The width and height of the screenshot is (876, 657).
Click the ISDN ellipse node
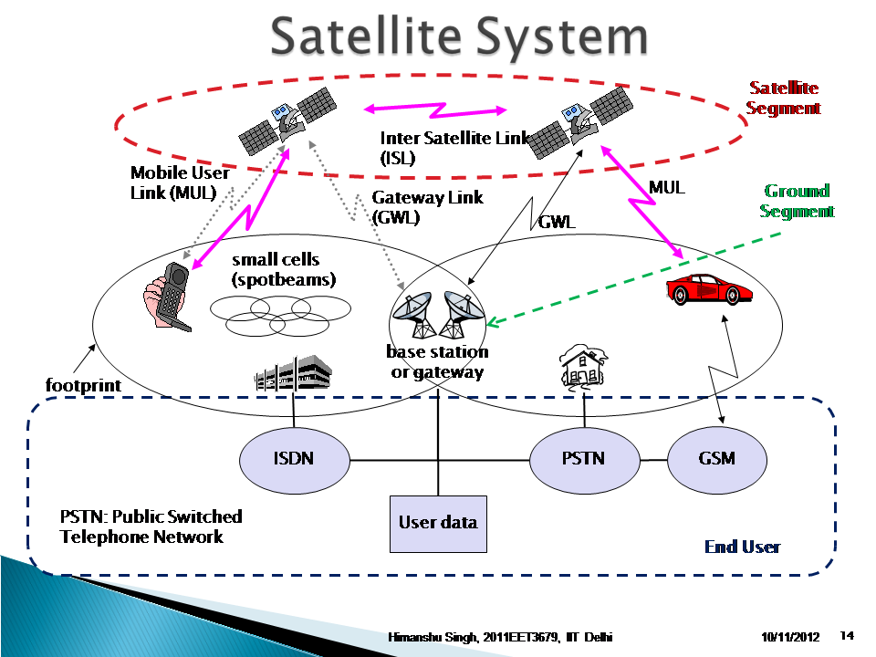(294, 458)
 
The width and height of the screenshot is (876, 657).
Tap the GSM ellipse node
(716, 458)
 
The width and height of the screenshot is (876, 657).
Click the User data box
(438, 523)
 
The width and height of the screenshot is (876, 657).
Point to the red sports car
(710, 288)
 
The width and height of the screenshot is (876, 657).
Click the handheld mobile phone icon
(169, 294)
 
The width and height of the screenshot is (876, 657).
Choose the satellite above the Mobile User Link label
(285, 120)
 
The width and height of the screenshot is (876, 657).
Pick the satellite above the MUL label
(580, 118)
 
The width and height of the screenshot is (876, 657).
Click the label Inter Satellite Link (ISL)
(454, 147)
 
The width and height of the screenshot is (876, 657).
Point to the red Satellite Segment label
(783, 99)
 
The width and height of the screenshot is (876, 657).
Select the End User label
(742, 547)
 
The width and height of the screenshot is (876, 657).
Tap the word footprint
(83, 385)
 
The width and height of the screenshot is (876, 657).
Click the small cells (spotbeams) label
(284, 270)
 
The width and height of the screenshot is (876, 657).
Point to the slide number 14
(846, 635)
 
